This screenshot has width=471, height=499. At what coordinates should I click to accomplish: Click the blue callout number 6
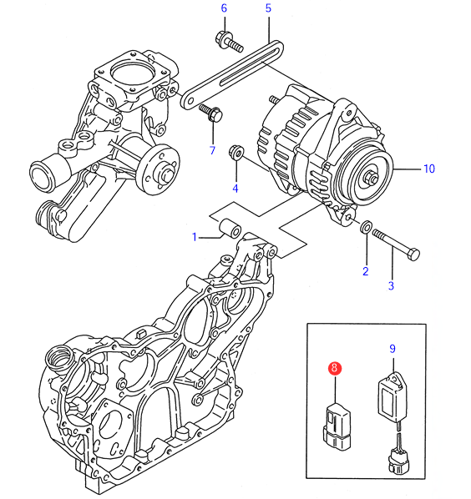click(x=224, y=8)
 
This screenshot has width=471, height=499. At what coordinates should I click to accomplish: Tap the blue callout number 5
click(x=268, y=8)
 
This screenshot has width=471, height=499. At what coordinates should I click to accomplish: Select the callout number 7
click(x=212, y=150)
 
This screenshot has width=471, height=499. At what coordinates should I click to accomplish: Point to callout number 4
click(x=235, y=189)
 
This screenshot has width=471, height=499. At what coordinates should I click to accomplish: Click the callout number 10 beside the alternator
click(x=429, y=169)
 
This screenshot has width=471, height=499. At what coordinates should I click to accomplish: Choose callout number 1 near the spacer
click(x=195, y=237)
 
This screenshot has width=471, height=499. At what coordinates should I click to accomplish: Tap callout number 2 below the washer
click(x=366, y=271)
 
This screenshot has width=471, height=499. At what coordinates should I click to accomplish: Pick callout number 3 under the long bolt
click(x=391, y=285)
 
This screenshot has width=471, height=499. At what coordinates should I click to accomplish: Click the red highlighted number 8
click(x=334, y=368)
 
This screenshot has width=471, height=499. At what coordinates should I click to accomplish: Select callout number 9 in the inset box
click(x=392, y=349)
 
